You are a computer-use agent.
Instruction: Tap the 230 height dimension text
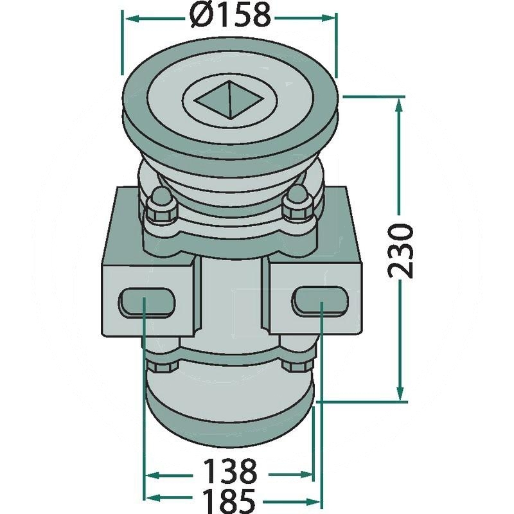point(400,251)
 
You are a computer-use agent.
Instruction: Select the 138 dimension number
point(229,472)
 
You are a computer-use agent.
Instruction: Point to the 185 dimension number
point(229,501)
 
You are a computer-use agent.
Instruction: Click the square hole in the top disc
point(229,100)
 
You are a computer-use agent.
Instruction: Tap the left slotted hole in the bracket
point(146,302)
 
